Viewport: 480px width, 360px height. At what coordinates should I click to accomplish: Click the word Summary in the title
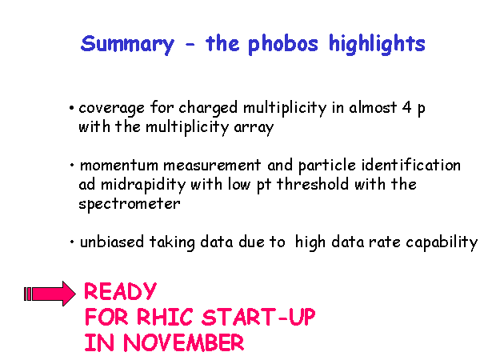[127, 45]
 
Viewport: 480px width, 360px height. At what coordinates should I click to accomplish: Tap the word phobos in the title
[283, 44]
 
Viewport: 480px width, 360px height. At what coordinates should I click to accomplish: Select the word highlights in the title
[377, 44]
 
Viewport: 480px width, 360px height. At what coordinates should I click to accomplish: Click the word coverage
[111, 109]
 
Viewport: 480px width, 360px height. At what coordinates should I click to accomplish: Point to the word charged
[208, 108]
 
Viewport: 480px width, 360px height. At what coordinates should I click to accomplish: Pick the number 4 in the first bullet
[407, 107]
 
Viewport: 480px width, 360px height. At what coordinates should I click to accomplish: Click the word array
[254, 128]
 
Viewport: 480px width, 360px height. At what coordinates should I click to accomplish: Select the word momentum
[118, 166]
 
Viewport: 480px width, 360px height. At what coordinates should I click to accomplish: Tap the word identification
[411, 165]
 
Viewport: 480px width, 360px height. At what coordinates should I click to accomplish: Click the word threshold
[313, 184]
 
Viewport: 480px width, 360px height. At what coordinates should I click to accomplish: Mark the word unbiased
[112, 242]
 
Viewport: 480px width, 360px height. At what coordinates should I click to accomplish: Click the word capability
[442, 242]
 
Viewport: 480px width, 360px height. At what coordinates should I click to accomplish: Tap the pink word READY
[120, 291]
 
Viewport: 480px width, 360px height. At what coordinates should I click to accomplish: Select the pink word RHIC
[165, 317]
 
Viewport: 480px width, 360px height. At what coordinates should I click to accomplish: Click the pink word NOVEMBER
[184, 342]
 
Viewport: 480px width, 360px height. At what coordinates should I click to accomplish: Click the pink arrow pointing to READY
[50, 294]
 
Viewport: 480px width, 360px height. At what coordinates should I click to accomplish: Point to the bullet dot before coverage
[72, 108]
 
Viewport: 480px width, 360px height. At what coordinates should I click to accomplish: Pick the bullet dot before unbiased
[72, 242]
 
